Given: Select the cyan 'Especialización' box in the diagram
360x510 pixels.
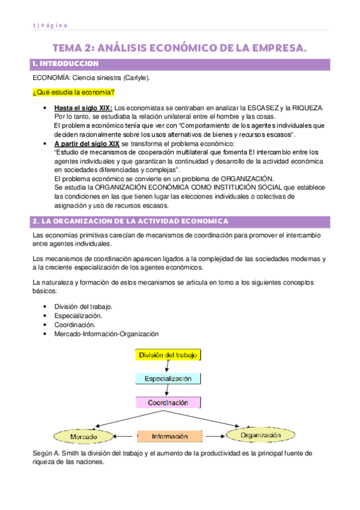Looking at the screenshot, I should coord(168,378).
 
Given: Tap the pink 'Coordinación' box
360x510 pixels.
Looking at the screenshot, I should coord(168,402).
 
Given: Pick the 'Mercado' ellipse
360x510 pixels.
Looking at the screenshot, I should coord(84,435).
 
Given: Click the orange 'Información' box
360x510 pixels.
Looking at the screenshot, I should coord(169,435).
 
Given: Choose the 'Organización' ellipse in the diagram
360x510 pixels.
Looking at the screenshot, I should coord(260,434).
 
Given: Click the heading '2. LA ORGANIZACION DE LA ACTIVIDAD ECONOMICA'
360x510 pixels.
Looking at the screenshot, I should coord(129,221).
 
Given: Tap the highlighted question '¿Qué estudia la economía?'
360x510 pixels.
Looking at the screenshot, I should coord(73,91).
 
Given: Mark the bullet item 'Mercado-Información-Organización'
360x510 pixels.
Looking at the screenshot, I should coord(106,333).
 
